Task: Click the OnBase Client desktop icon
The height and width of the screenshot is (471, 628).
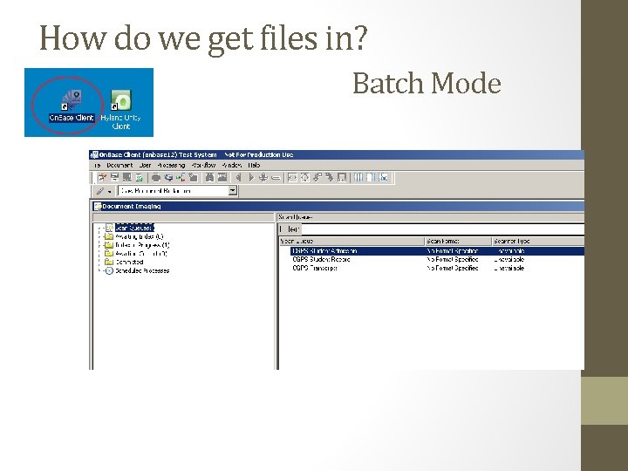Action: point(72,104)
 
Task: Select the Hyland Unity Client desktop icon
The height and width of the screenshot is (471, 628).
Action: point(121,107)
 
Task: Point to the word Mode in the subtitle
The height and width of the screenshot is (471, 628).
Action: point(466,84)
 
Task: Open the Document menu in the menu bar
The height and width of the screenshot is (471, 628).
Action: point(119,165)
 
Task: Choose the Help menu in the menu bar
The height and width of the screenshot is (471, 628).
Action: point(254,165)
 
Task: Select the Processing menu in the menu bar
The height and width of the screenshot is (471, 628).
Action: point(171,165)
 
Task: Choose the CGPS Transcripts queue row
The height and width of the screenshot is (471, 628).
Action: point(315,269)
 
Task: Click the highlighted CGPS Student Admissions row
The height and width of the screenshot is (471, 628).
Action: point(324,251)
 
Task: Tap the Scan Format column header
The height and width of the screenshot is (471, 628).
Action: point(443,241)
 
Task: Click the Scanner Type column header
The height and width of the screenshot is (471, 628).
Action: point(512,241)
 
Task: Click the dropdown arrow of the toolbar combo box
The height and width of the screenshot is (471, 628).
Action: point(233,190)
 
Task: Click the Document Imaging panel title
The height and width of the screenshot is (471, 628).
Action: point(132,207)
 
